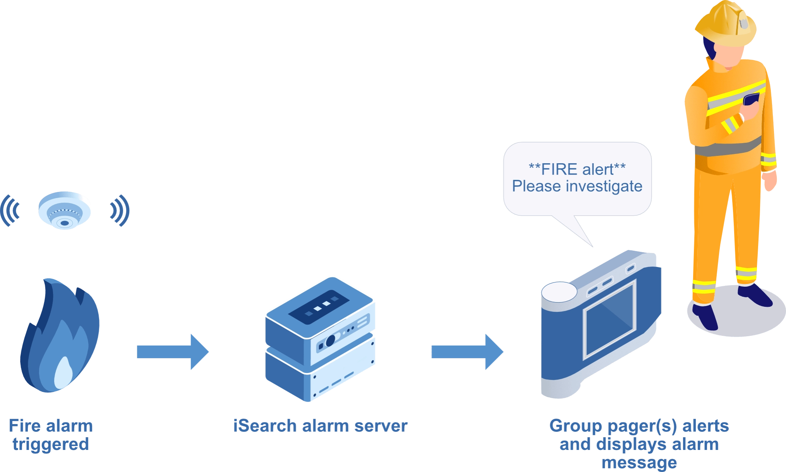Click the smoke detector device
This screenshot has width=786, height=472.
point(65,210)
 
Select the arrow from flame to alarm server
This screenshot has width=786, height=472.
point(173,352)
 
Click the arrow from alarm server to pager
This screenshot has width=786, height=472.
point(467,351)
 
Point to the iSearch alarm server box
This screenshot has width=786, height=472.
point(320,340)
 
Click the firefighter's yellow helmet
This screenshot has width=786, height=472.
point(726,23)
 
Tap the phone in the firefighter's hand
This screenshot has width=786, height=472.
point(751,99)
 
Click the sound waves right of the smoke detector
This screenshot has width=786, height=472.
point(119,210)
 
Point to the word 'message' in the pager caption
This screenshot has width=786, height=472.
point(639,462)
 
